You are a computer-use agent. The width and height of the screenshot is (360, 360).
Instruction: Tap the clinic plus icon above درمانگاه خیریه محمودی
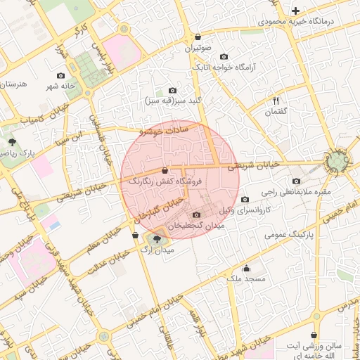[296, 11]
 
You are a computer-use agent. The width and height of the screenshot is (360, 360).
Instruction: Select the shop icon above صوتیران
[198, 37]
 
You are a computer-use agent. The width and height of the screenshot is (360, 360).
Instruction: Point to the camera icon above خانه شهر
[60, 75]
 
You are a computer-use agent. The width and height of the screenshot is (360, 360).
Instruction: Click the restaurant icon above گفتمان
[276, 101]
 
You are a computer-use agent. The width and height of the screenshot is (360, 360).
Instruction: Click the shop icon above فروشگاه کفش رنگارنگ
[165, 170]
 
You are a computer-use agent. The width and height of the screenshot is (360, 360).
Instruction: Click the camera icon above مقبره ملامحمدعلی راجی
[296, 181]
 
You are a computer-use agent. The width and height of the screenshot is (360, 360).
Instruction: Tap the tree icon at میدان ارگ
[156, 239]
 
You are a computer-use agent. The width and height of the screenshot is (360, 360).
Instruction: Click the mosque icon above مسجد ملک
[246, 268]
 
